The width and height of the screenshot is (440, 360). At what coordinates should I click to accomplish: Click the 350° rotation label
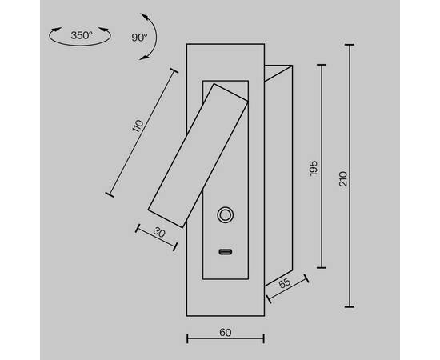click(82, 35)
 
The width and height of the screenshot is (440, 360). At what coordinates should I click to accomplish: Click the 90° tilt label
click(139, 38)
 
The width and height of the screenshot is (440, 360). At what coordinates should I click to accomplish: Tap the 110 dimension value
click(138, 126)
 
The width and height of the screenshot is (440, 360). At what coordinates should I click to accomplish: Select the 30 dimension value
click(159, 233)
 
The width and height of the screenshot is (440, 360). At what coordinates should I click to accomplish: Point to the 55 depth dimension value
click(285, 283)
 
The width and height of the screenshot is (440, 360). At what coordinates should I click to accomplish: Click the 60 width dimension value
click(226, 333)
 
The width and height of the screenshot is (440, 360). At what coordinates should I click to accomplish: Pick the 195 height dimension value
click(313, 168)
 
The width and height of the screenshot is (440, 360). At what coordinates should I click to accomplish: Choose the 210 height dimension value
click(343, 178)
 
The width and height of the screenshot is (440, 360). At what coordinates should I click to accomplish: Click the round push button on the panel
click(225, 215)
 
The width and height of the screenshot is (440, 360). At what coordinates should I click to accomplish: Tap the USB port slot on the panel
click(226, 252)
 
